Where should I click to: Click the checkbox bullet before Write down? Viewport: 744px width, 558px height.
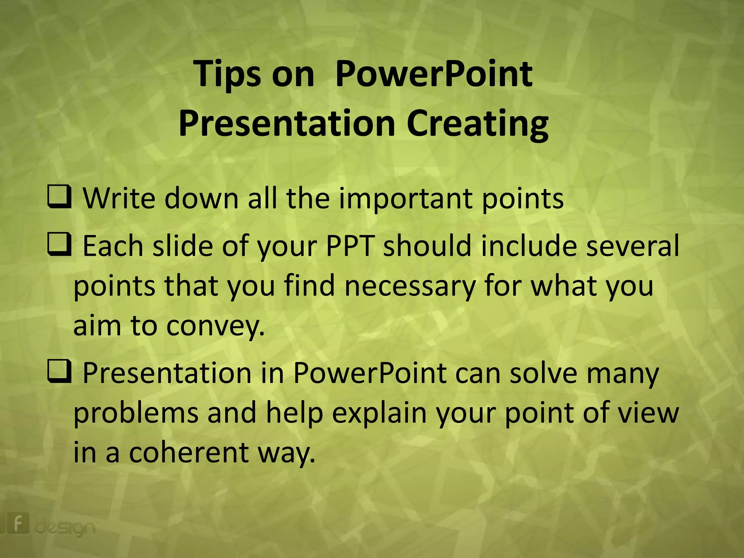(59, 197)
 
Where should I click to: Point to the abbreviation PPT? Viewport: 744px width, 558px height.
(350, 246)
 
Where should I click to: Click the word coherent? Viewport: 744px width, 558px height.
(189, 453)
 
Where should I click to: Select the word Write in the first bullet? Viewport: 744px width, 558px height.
(119, 199)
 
